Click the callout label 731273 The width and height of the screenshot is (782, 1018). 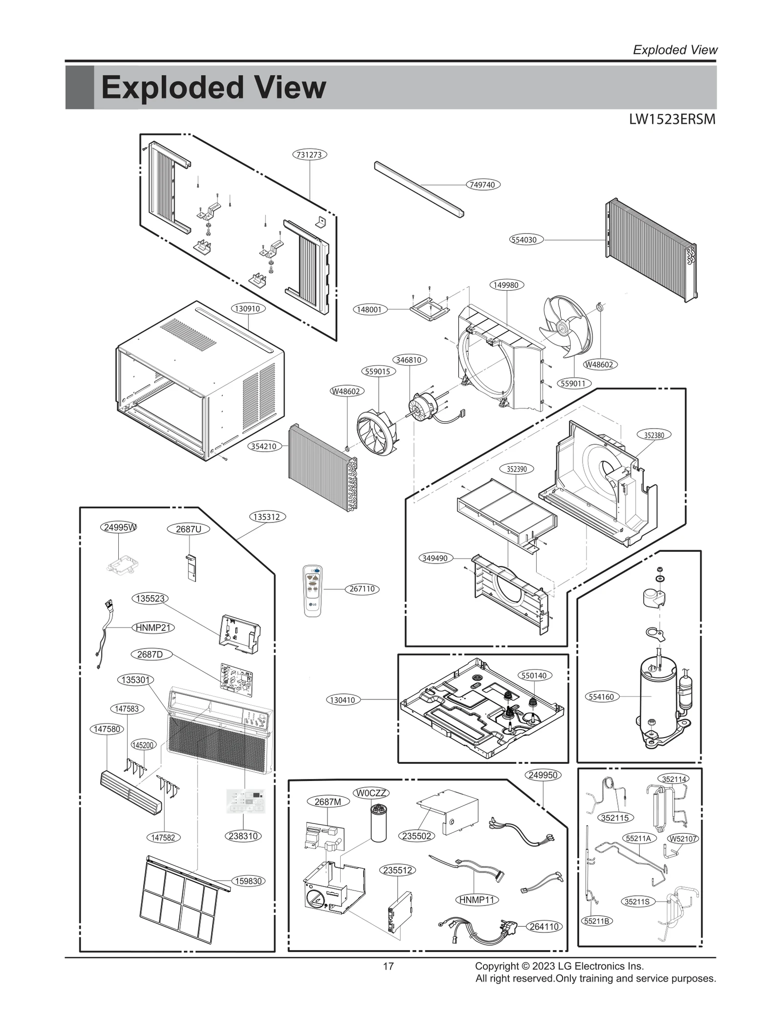(x=309, y=154)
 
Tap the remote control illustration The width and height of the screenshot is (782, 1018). (x=313, y=590)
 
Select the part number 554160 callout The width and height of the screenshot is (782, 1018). (x=601, y=696)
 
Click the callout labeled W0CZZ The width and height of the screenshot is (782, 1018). (x=371, y=793)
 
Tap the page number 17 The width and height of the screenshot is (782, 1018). (x=388, y=966)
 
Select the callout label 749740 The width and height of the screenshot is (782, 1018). (x=482, y=185)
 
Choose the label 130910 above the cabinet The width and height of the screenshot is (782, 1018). (x=248, y=309)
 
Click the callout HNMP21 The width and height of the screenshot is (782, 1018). (x=153, y=628)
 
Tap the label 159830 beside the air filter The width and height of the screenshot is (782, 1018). (x=249, y=881)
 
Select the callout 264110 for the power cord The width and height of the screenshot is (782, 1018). (x=544, y=926)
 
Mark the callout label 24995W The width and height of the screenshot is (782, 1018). (x=120, y=527)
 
